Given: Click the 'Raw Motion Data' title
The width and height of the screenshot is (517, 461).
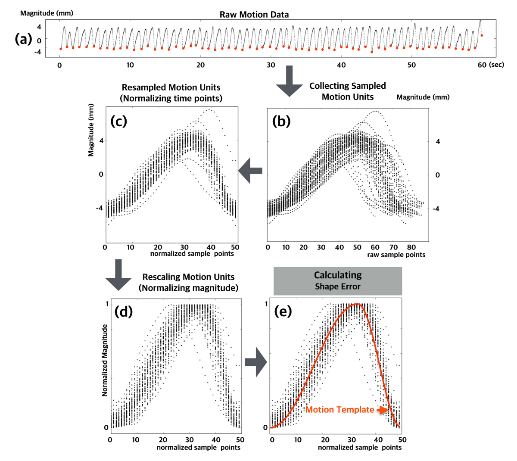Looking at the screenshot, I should (x=254, y=15).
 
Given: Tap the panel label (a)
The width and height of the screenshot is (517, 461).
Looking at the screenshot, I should (x=23, y=39).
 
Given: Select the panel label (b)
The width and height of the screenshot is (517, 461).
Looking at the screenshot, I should (x=281, y=121).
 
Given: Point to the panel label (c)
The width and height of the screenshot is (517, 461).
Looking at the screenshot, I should (x=118, y=121).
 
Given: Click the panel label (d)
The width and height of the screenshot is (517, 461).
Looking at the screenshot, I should (x=123, y=311).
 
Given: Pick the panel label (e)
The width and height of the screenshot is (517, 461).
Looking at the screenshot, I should (x=283, y=311).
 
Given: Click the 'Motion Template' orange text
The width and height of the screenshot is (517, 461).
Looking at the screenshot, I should (x=339, y=410).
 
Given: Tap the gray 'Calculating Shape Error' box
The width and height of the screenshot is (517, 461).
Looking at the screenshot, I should (x=338, y=281).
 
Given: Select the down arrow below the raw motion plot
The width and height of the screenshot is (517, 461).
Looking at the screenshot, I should (x=289, y=81).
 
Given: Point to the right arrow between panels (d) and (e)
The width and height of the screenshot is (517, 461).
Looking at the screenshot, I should (x=256, y=362).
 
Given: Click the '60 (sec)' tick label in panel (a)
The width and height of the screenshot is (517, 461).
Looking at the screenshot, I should (x=491, y=65).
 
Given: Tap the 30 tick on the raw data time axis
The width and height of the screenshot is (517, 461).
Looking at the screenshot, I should (x=271, y=65).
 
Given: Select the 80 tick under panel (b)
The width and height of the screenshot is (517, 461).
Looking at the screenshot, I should (x=411, y=247).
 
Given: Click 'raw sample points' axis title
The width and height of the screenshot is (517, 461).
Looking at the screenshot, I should (x=396, y=255).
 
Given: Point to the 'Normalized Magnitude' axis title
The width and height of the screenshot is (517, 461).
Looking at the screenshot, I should (x=105, y=360).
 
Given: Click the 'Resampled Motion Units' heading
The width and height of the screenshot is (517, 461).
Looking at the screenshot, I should (x=171, y=87).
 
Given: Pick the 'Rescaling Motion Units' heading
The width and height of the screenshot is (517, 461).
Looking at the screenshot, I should (x=188, y=277).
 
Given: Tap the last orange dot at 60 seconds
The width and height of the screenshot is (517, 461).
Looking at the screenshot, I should (x=482, y=35).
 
